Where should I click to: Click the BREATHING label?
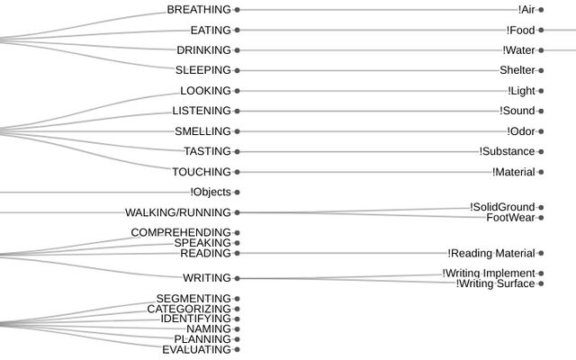click(x=199, y=10)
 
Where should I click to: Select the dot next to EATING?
click(x=238, y=31)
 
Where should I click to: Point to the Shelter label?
click(x=517, y=70)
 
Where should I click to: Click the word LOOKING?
click(x=205, y=91)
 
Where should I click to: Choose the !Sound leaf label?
click(x=517, y=111)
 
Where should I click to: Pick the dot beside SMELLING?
click(x=238, y=131)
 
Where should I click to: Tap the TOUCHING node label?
click(x=202, y=172)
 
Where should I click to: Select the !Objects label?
click(x=211, y=192)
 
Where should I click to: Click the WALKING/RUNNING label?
click(x=178, y=212)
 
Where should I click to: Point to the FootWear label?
click(x=510, y=218)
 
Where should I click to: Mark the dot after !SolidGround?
click(x=541, y=208)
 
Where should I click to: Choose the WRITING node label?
click(x=206, y=278)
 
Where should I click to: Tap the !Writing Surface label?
click(x=495, y=284)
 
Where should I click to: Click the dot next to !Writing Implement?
click(x=541, y=274)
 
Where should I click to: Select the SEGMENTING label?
click(x=193, y=299)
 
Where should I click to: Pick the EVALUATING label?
click(x=196, y=349)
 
